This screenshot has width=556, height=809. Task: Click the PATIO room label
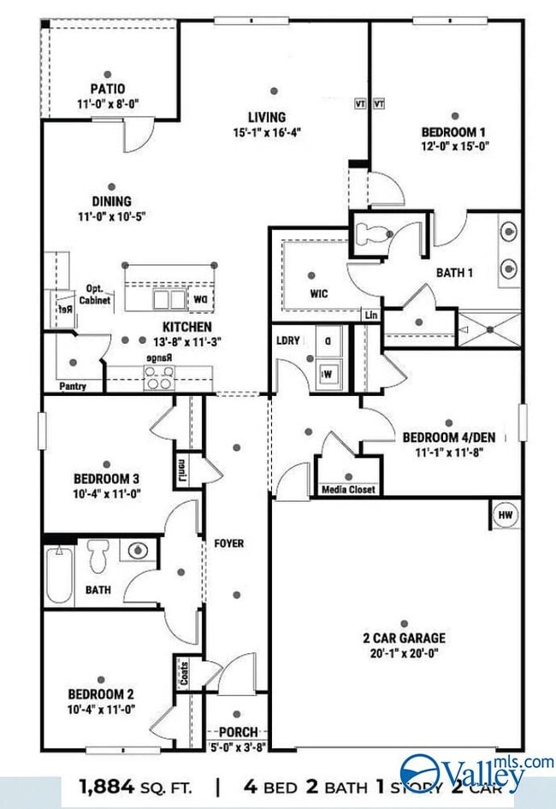point(108,88)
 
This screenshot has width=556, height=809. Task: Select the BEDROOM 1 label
point(453,132)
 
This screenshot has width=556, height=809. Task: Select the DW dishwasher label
point(199,299)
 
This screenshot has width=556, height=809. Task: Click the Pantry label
point(73,387)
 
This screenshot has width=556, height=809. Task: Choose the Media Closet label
point(347,490)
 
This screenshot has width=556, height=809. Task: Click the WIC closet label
point(318,293)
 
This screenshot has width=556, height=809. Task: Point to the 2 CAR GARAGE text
point(404,638)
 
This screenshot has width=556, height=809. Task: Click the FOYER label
point(229,543)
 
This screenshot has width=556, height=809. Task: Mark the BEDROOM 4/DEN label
point(449,437)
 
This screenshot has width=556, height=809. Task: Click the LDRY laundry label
point(288,340)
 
